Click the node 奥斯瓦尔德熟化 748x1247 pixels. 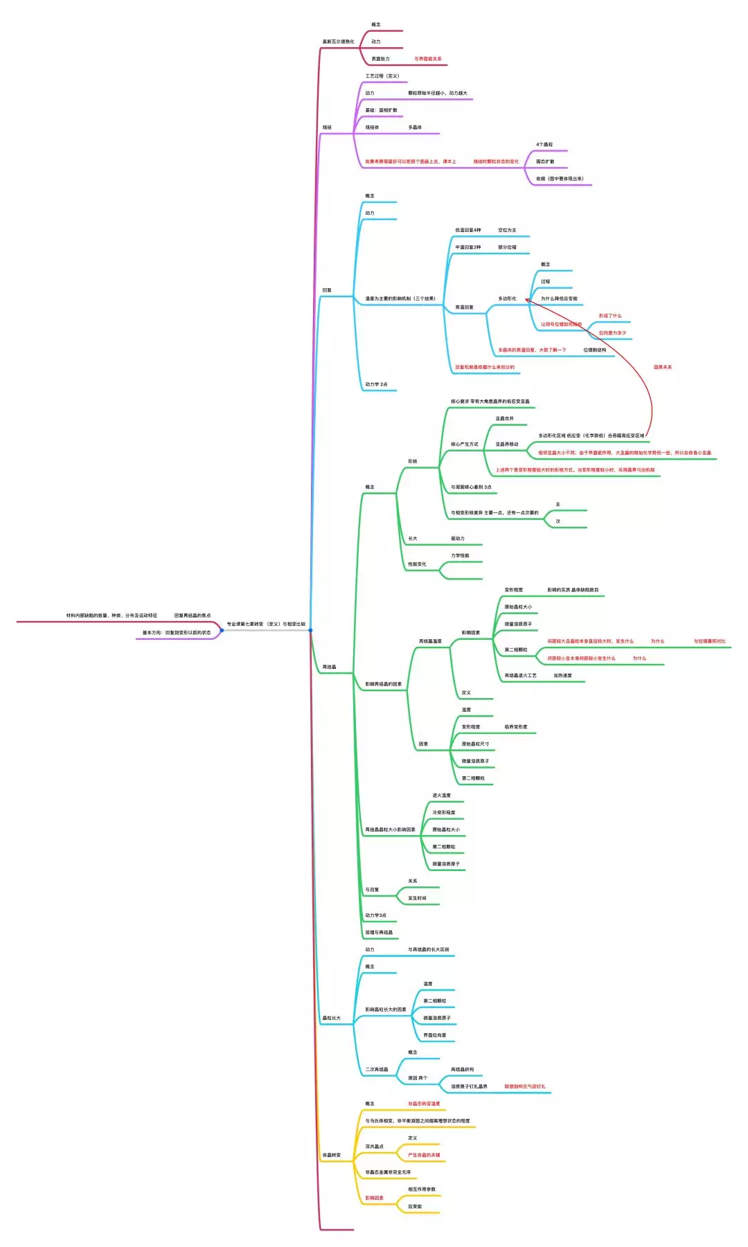pos(338,42)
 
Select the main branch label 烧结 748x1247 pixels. pos(327,127)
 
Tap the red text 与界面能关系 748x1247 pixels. pos(427,59)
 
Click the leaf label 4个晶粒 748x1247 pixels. pos(544,145)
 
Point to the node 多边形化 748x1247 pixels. pos(507,298)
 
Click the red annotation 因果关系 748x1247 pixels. pos(662,367)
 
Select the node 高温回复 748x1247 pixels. pos(464,307)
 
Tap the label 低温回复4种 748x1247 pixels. pos(467,230)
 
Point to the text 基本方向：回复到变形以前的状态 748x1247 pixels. pos(177,632)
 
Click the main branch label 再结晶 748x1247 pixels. pos(329,667)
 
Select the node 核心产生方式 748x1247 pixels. pos(464,445)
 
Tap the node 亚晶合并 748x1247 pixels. pos(504,418)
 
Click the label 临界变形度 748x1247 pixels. pos(516,727)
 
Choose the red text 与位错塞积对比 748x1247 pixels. pos(709,641)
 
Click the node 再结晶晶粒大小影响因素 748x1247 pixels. pos(390,829)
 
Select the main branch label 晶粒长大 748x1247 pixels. pos(331,1018)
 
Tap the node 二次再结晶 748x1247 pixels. pos(377,1069)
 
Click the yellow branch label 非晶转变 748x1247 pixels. pos(331,1155)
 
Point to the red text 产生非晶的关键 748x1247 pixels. pos(423,1155)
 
